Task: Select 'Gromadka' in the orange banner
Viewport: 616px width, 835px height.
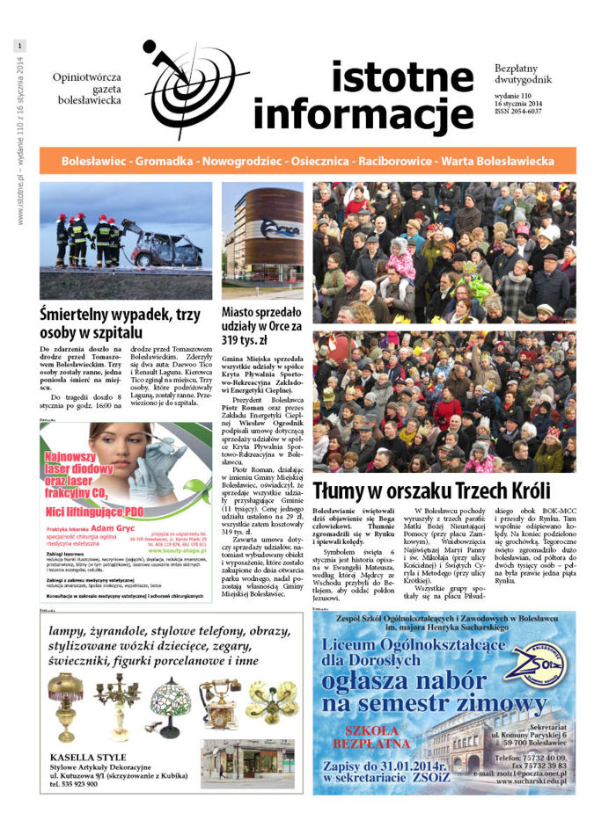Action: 163,162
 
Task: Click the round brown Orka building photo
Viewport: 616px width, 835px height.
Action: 261,237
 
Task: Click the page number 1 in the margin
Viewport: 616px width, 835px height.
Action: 20,45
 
